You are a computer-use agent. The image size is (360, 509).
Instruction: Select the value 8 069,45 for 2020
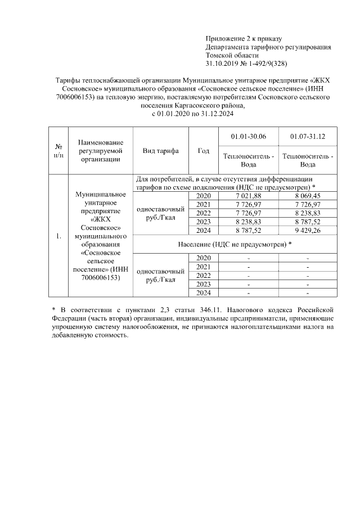[307, 195]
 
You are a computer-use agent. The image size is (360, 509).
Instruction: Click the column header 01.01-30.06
[249, 137]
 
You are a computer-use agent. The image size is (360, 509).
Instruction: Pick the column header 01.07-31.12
[307, 137]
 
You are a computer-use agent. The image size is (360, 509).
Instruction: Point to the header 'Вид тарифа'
[160, 151]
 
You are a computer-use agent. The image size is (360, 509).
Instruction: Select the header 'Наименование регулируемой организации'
[100, 151]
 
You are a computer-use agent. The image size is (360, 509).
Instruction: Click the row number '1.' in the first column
[58, 236]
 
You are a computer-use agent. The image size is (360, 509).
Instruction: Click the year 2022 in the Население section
[203, 275]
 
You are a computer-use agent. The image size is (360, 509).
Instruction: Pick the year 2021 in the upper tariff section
[203, 204]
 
